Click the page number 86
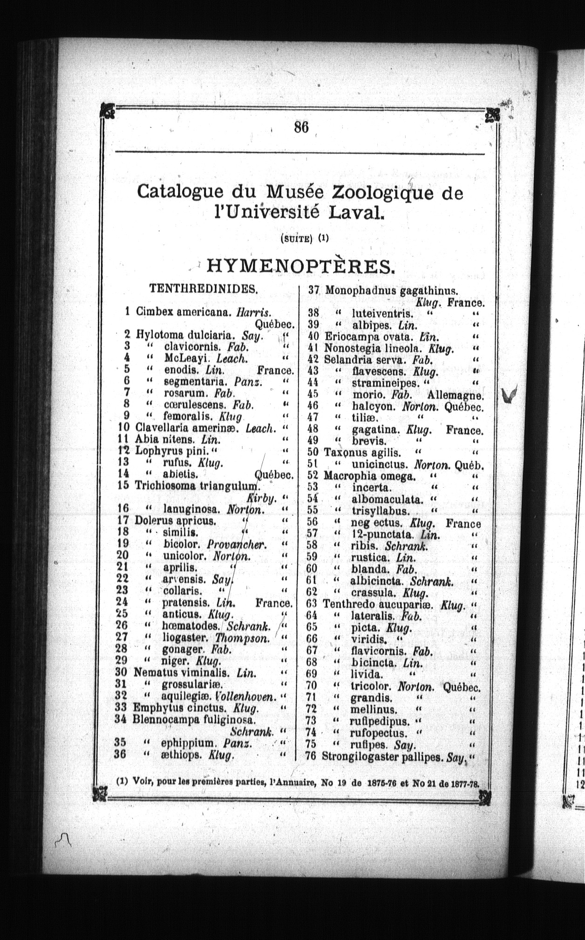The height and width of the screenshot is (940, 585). pos(301,126)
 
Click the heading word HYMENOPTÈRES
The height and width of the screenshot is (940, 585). pos(301,267)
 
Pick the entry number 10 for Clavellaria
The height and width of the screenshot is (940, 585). pos(124,428)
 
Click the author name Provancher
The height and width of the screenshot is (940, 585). pos(237,544)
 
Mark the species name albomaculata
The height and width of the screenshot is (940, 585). pos(387,499)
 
